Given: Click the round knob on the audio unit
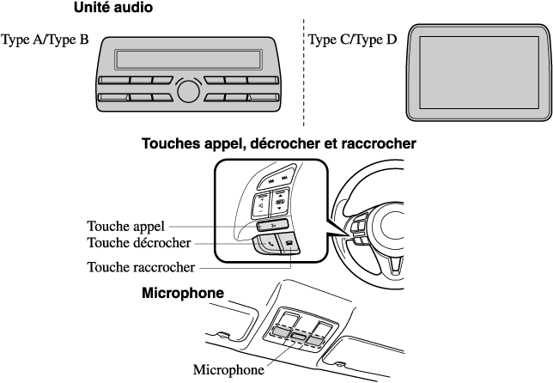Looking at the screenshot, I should click(188, 90).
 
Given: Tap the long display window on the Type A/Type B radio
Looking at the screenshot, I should click(188, 59).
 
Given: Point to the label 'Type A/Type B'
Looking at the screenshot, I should click(45, 40).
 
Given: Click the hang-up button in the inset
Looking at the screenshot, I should click(289, 243).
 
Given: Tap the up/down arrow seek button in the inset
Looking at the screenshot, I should click(280, 203).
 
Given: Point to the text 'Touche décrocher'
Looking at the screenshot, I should click(137, 244).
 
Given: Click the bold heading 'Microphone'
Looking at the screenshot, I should click(182, 294).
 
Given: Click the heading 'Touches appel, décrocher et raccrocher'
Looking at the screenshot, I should click(278, 144).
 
